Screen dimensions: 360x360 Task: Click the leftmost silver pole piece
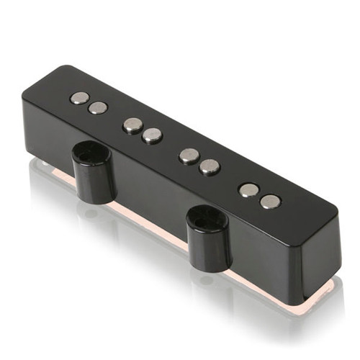click(x=80, y=97)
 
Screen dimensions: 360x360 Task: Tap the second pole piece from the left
click(x=97, y=108)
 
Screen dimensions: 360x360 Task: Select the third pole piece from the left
click(x=132, y=125)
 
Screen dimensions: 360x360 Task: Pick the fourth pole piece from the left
click(x=152, y=135)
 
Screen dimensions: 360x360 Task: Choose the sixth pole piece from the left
click(x=210, y=166)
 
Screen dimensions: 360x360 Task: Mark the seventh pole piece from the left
click(x=249, y=190)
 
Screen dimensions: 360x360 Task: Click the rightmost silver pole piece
click(x=271, y=201)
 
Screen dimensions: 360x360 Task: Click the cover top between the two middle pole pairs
click(x=171, y=144)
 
